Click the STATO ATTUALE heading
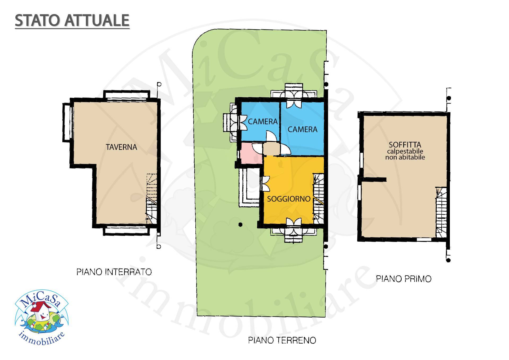click(x=72, y=20)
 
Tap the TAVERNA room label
click(x=121, y=147)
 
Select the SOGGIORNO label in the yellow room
click(x=288, y=199)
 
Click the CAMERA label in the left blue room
click(x=262, y=122)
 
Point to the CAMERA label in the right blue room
click(x=302, y=129)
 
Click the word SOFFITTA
click(x=405, y=145)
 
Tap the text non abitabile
click(x=405, y=157)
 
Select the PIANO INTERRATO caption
click(x=114, y=272)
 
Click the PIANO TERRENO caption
click(x=282, y=340)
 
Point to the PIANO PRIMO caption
click(x=403, y=279)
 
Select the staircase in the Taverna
click(x=152, y=199)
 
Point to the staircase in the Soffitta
click(x=441, y=212)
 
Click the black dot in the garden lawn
click(x=240, y=225)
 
